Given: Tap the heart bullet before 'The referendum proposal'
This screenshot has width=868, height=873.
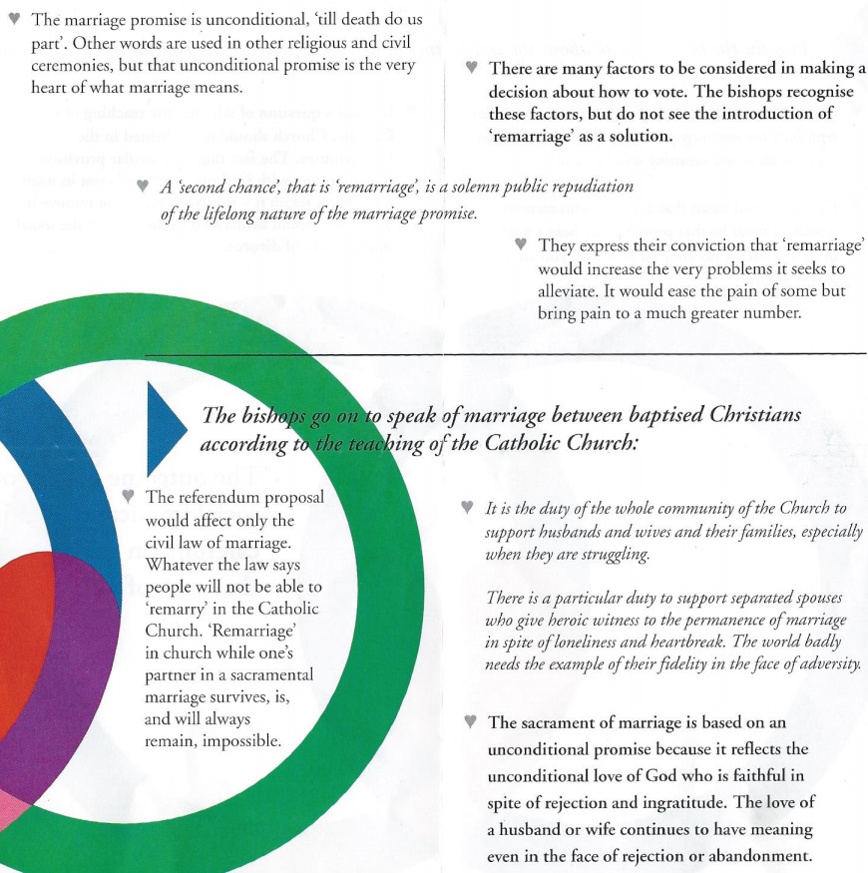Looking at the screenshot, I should [x=127, y=496].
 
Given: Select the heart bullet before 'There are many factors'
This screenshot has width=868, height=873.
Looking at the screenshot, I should [x=472, y=69].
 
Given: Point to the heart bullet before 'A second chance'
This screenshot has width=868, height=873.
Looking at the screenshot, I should [x=144, y=187].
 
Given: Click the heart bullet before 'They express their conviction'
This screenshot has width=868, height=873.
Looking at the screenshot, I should [x=520, y=243].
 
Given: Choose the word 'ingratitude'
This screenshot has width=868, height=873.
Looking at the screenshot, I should [x=707, y=802].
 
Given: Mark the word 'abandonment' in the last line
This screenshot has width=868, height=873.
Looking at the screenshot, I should [x=761, y=855].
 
